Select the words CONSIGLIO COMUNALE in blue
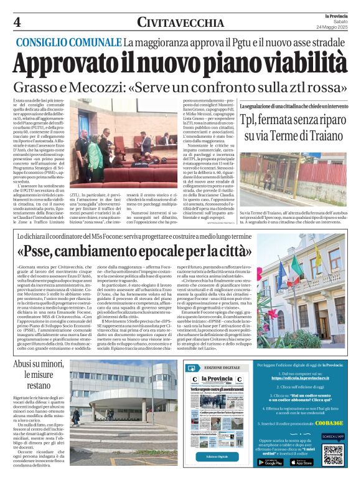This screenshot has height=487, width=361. pos(68,42)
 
